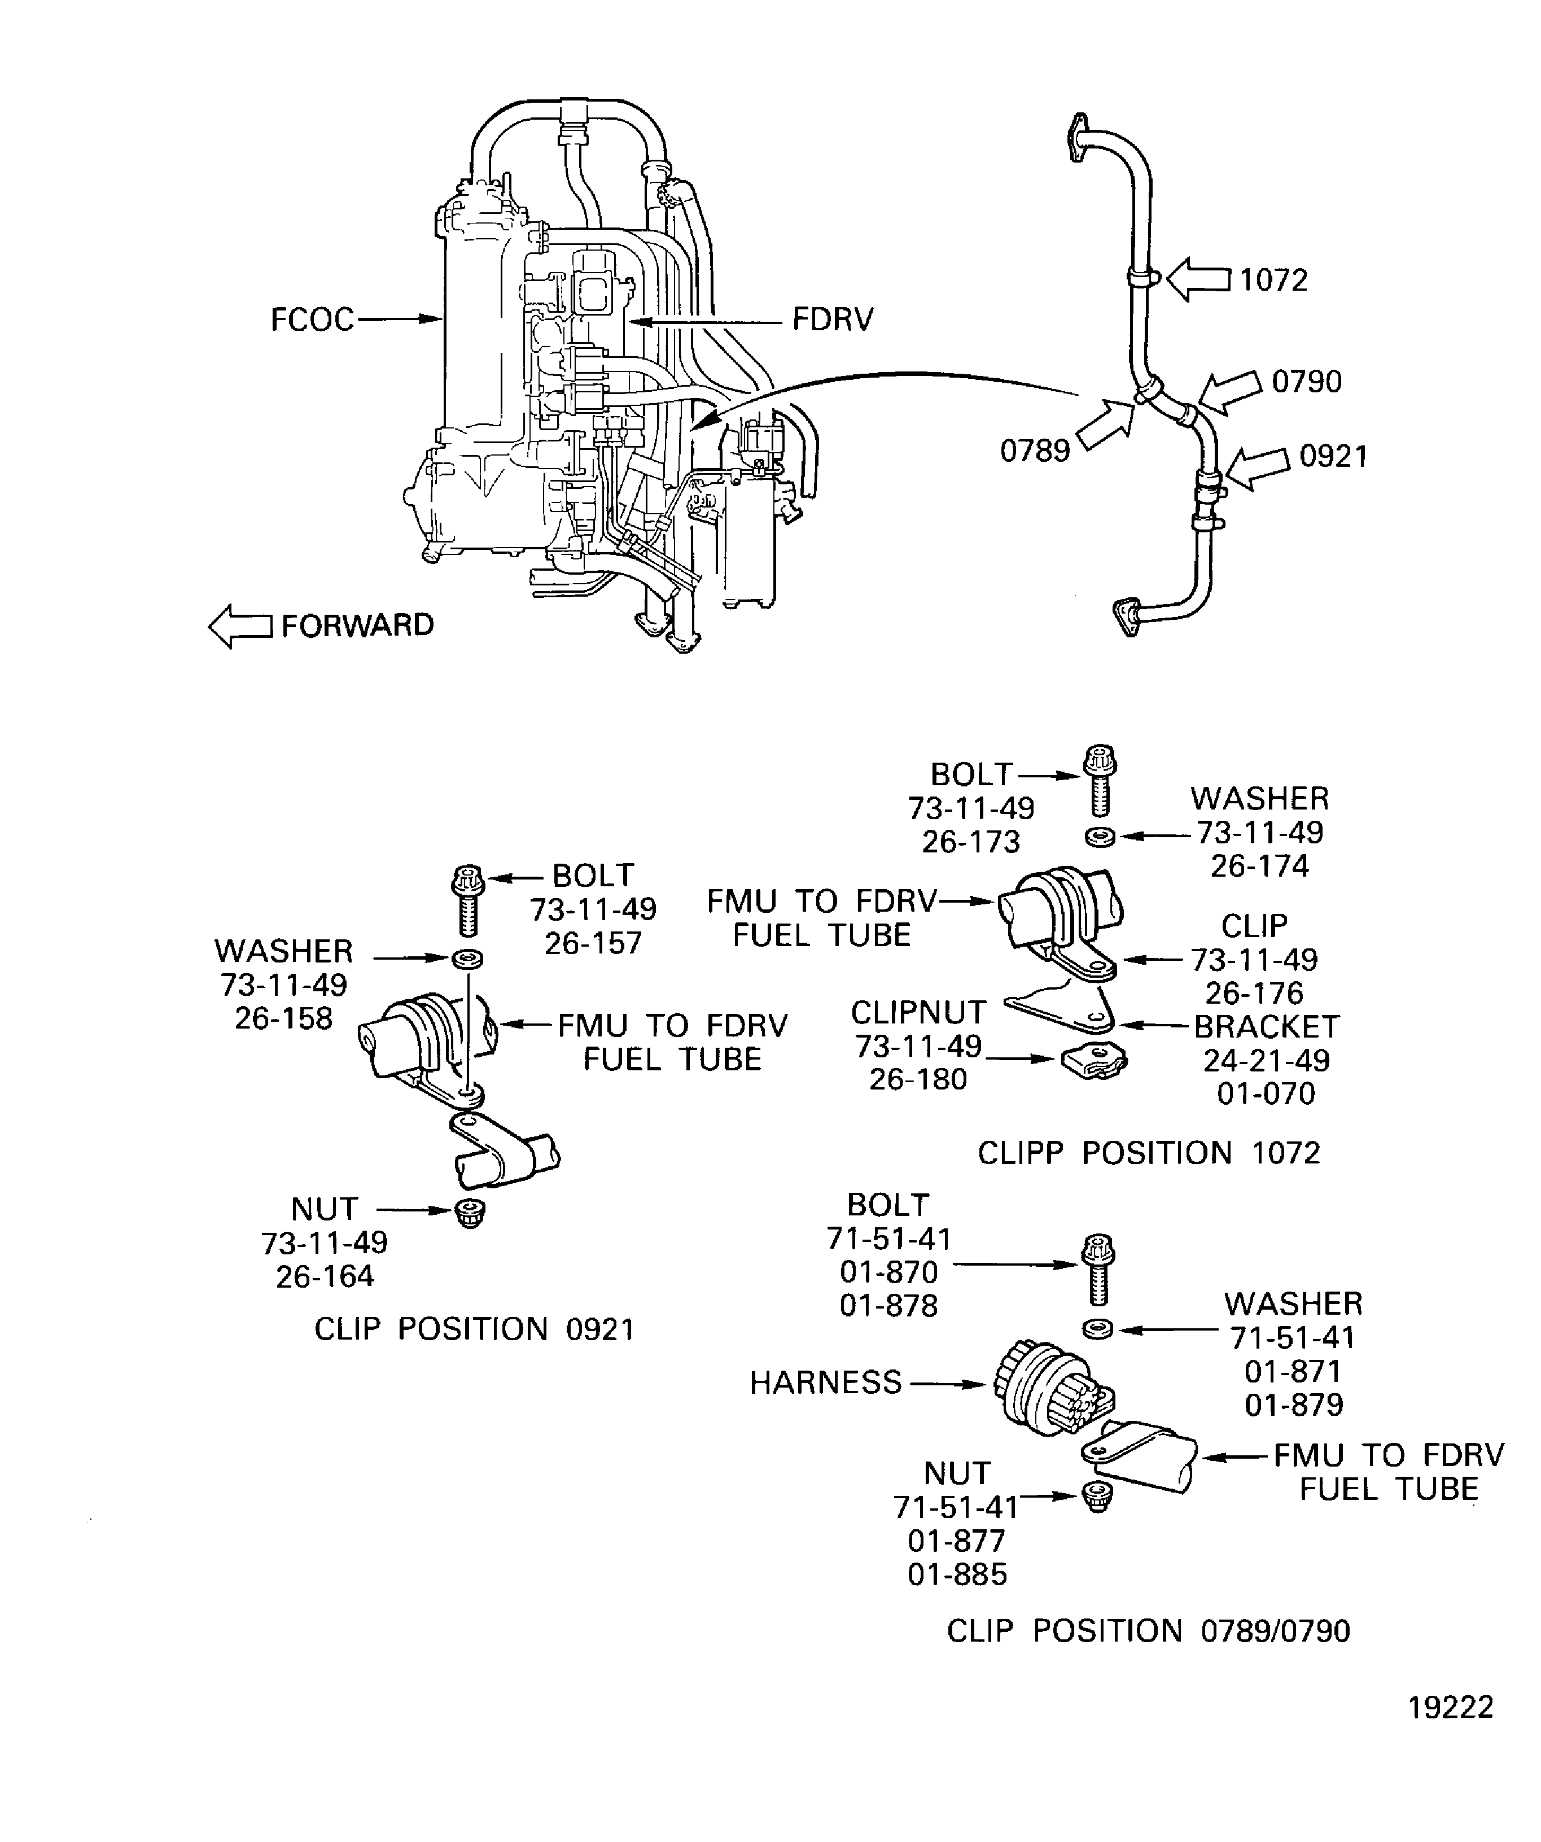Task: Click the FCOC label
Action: (312, 320)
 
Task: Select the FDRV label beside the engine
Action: (833, 320)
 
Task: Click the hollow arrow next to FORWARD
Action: (239, 626)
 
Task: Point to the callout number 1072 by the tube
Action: (1273, 280)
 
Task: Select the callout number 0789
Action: (1035, 451)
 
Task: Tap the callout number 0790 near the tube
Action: (1306, 382)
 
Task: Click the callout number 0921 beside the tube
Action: (1333, 456)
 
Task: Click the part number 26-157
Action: (593, 943)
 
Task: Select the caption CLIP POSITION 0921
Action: (474, 1329)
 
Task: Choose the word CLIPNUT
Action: (918, 1012)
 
